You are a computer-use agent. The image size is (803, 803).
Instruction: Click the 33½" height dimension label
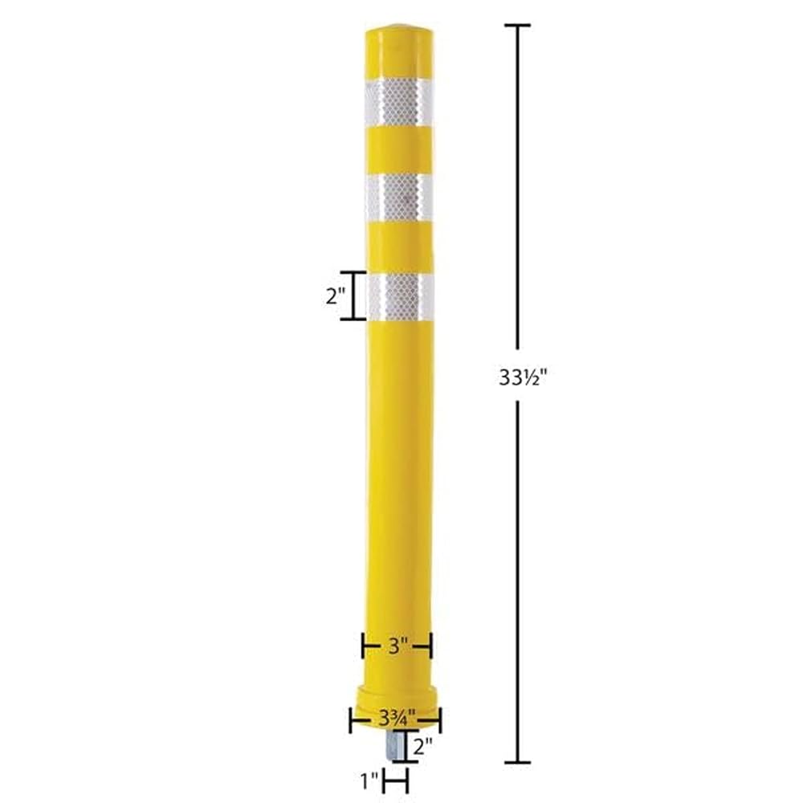523,377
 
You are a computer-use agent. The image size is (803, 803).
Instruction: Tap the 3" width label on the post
397,646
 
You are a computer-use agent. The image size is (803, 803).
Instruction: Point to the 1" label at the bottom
369,781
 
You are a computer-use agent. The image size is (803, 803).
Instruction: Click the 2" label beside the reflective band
336,296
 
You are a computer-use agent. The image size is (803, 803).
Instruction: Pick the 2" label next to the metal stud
422,747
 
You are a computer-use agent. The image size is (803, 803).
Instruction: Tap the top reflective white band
398,103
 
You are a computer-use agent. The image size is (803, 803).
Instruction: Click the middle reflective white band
399,198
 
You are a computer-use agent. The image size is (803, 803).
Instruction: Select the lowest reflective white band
401,298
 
